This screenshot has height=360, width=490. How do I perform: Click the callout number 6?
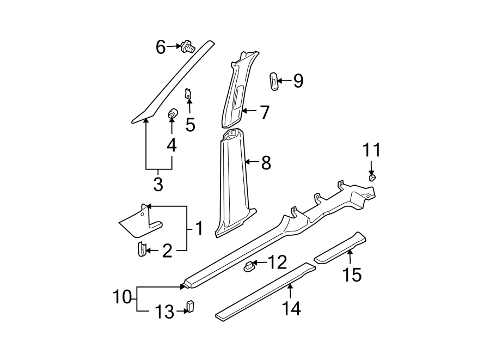[x=160, y=47]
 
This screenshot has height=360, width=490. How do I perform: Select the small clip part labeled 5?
[x=188, y=94]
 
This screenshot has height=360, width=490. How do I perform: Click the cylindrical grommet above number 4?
[x=172, y=114]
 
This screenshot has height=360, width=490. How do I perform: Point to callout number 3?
[x=158, y=184]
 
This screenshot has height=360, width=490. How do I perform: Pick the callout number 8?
[x=266, y=162]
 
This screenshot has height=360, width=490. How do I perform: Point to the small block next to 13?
[x=191, y=307]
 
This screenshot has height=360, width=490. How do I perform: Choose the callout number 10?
[x=122, y=297]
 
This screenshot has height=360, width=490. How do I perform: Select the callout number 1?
[x=199, y=228]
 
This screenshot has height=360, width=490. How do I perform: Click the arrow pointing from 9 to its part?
[x=285, y=81]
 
